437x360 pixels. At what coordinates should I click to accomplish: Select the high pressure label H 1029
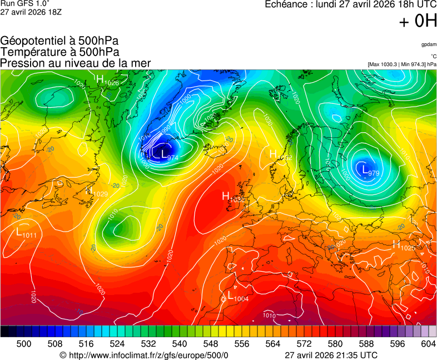pyautogui.click(x=98, y=192)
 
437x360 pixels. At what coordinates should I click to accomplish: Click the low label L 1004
pyautogui.click(x=238, y=297)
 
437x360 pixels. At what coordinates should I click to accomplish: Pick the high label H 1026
pyautogui.click(x=108, y=81)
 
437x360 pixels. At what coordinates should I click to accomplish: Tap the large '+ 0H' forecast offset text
pyautogui.click(x=418, y=21)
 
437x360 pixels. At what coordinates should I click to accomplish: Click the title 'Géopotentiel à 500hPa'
pyautogui.click(x=59, y=41)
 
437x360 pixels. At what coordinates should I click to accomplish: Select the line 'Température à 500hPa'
pyautogui.click(x=59, y=52)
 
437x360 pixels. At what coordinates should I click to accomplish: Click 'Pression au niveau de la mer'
pyautogui.click(x=76, y=63)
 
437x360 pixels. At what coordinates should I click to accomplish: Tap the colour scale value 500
pyautogui.click(x=24, y=344)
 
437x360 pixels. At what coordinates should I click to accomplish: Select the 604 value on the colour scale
pyautogui.click(x=428, y=344)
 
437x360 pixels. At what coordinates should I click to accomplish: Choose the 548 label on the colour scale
pyautogui.click(x=226, y=344)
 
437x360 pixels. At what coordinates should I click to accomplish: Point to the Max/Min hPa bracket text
pyautogui.click(x=402, y=64)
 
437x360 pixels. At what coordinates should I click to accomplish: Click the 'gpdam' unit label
pyautogui.click(x=429, y=44)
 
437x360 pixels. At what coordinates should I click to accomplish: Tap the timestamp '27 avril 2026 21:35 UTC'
pyautogui.click(x=331, y=354)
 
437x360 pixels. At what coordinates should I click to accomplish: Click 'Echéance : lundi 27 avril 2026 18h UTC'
pyautogui.click(x=350, y=4)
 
